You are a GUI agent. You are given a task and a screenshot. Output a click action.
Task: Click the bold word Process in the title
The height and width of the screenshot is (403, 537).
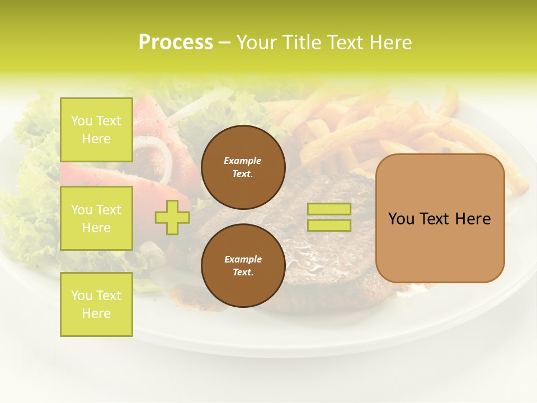point(176,43)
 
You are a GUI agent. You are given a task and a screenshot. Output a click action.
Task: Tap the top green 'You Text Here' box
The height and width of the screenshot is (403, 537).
point(96,130)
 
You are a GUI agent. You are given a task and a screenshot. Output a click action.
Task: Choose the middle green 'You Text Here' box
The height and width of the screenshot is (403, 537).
point(96,218)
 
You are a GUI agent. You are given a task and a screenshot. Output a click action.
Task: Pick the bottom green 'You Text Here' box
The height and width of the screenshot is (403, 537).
point(96,304)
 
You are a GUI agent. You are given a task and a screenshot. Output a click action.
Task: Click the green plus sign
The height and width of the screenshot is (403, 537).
point(172,217)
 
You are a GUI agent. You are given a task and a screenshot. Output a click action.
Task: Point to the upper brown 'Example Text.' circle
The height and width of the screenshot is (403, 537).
point(243,167)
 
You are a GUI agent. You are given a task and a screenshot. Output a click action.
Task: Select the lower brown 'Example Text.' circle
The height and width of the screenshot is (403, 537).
point(243,265)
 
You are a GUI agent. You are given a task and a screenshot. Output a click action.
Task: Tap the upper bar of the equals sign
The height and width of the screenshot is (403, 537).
point(329,209)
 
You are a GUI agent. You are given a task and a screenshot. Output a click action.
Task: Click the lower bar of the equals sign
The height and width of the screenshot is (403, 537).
point(329,225)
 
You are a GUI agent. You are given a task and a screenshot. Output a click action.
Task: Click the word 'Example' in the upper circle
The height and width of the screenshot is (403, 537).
point(243,161)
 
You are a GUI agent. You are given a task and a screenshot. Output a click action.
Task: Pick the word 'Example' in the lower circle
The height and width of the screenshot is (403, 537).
point(243,259)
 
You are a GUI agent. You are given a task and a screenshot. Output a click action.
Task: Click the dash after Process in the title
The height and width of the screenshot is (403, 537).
point(225,43)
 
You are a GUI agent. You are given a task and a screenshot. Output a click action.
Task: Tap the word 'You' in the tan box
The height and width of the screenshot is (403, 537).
point(402,219)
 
